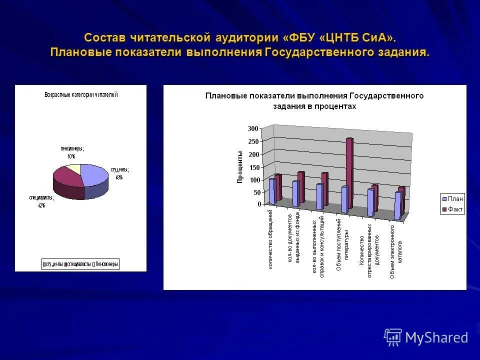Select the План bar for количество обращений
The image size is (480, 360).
click(x=272, y=191)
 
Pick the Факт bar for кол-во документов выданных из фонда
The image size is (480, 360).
click(x=301, y=187)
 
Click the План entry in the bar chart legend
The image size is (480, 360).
click(x=452, y=199)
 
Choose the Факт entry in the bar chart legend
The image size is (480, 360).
click(x=452, y=209)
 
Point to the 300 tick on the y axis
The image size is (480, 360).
click(x=253, y=128)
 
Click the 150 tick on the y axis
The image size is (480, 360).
click(x=253, y=167)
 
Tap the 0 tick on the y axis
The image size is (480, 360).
click(x=259, y=204)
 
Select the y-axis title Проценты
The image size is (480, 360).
click(x=240, y=166)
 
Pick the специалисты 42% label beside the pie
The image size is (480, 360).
click(x=40, y=201)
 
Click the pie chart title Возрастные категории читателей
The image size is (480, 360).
click(x=81, y=95)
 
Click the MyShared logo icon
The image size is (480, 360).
click(x=393, y=337)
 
